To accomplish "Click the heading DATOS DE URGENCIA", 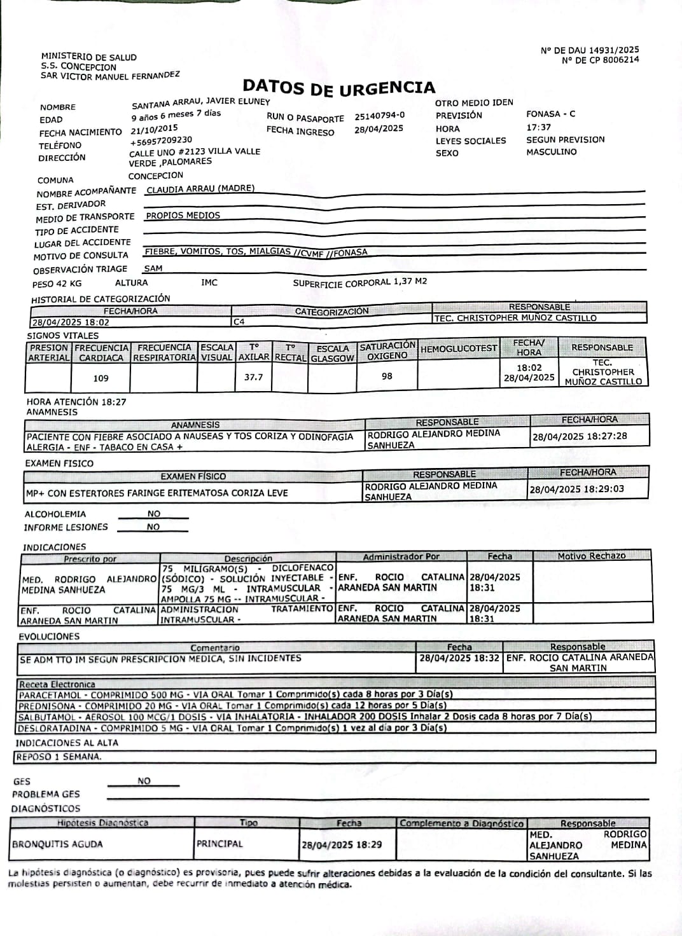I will (339, 88).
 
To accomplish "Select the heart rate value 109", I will (101, 378).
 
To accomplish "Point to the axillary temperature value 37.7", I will (253, 377).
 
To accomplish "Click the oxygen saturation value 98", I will (387, 376).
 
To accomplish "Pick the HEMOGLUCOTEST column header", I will (458, 348).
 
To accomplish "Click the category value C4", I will (239, 322).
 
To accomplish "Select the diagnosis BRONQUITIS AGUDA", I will (57, 844).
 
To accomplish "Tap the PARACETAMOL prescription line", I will (235, 695).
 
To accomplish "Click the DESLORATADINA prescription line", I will (232, 728).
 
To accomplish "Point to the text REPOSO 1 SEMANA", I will (58, 757).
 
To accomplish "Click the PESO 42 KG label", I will (57, 284).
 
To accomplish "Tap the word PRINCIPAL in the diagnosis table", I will (219, 844).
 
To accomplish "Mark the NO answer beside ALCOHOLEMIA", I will (154, 514).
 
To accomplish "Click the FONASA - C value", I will (550, 114).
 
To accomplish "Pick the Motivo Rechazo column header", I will (592, 556).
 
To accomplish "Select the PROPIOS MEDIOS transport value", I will (183, 216).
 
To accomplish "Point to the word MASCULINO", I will (551, 152).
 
